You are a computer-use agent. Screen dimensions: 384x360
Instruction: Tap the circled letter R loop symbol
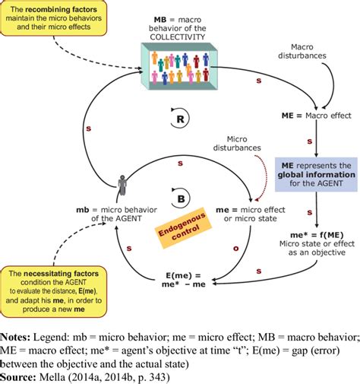(x=175, y=120)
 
